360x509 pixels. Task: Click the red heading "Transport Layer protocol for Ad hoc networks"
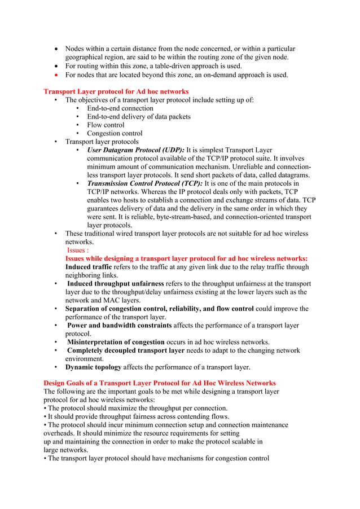(x=116, y=91)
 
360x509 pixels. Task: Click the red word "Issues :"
(x=78, y=250)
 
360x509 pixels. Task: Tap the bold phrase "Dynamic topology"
(x=93, y=367)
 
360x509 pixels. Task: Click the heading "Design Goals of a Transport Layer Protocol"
(x=159, y=383)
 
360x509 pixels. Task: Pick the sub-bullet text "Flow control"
(x=106, y=125)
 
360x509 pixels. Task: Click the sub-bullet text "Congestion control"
(x=115, y=133)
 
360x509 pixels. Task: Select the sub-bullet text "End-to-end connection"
(x=120, y=108)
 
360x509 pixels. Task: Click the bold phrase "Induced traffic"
(x=89, y=267)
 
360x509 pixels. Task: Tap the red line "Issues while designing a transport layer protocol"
(x=186, y=258)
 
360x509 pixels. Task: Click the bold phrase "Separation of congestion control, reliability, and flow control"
(x=159, y=309)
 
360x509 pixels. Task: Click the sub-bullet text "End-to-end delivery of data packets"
(x=138, y=117)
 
